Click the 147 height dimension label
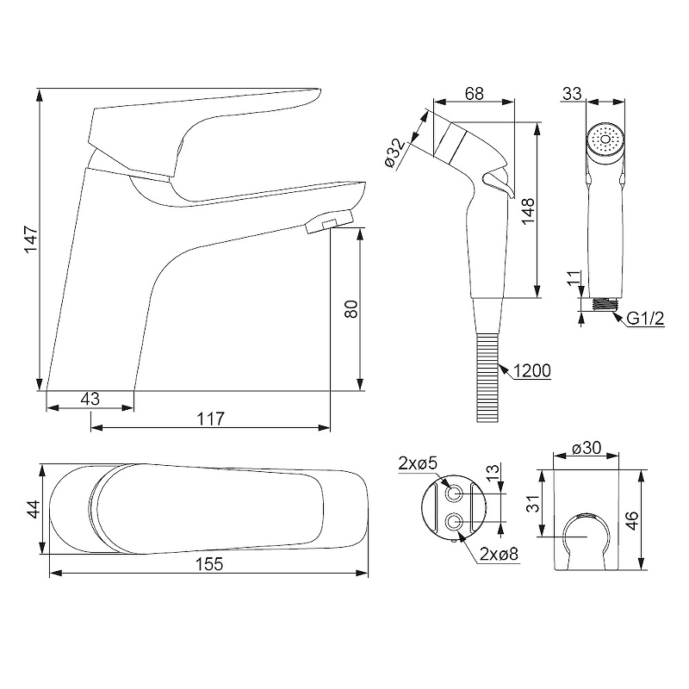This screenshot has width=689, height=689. coord(31,239)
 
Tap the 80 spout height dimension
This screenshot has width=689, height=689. coord(351,309)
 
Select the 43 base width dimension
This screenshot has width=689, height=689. coord(90,399)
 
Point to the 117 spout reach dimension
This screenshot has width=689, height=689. coord(210,419)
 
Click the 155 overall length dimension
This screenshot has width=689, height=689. coord(209,564)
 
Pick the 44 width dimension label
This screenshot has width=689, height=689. coord(34,509)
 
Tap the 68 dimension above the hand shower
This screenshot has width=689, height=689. coord(475,94)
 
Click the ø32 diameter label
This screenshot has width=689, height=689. coord(394,153)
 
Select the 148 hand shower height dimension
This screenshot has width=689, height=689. coord(528,211)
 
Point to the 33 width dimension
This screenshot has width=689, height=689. coord(572,94)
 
